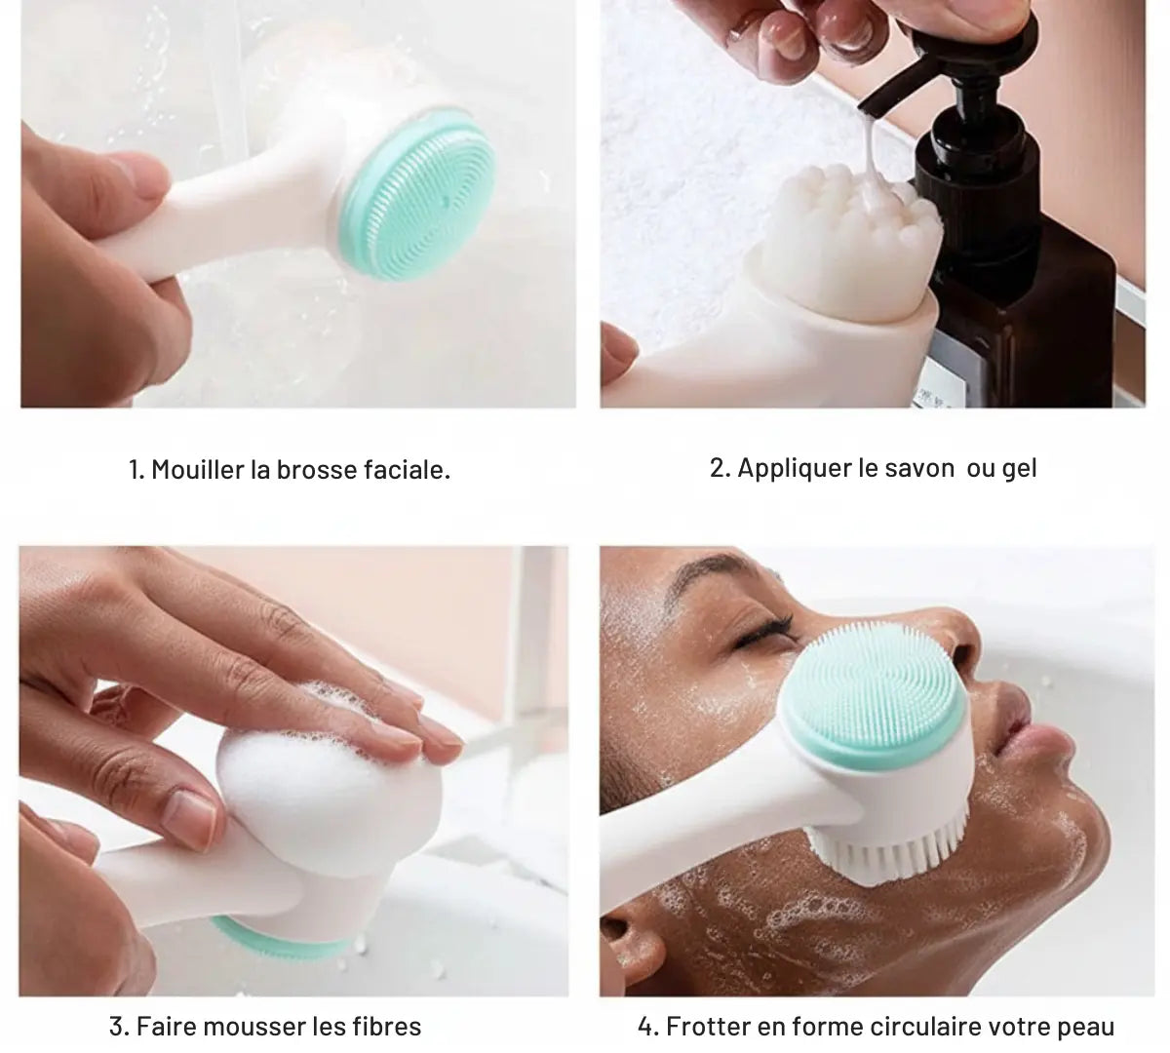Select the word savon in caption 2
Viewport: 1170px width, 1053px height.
coord(918,468)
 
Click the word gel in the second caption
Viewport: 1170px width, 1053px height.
coord(1019,468)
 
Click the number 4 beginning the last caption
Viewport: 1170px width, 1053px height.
coord(645,1027)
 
